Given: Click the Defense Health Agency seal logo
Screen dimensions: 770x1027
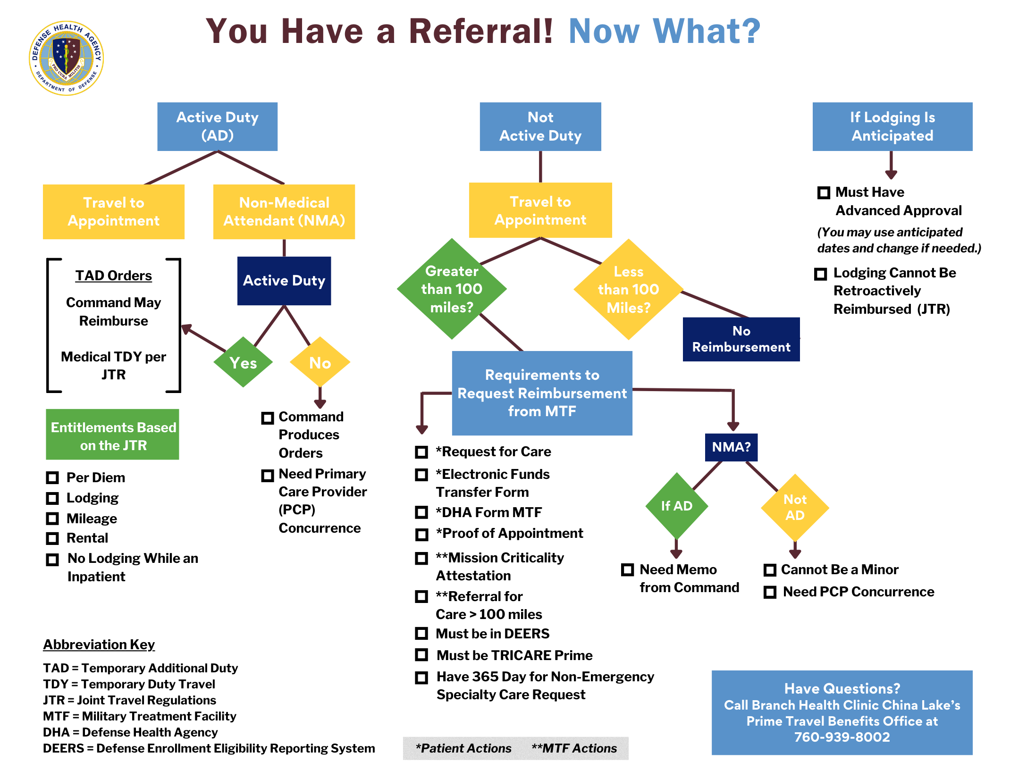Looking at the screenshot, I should click(67, 58).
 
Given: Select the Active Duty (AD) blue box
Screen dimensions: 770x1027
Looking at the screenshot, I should click(217, 126).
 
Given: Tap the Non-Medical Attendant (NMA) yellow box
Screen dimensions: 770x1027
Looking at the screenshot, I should click(284, 211).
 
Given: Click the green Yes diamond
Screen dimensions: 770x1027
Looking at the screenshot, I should click(243, 362).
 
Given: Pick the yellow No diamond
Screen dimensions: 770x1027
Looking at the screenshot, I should click(320, 362).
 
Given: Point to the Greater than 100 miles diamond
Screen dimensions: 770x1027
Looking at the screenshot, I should click(452, 289).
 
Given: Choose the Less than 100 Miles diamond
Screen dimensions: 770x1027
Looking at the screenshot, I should click(628, 289).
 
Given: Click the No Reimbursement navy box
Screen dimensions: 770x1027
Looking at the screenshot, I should click(741, 339).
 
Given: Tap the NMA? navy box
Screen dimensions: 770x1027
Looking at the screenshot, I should click(731, 447).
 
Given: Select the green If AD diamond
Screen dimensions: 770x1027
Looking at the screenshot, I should click(676, 506).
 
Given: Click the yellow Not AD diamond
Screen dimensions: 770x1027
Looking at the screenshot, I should click(795, 507).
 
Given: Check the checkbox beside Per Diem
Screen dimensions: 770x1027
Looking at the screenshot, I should click(52, 477).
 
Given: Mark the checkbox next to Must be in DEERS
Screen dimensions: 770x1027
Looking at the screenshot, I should click(421, 633).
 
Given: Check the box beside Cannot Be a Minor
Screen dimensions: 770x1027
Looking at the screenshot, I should click(770, 570).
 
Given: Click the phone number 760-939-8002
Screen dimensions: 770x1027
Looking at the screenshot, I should click(842, 737).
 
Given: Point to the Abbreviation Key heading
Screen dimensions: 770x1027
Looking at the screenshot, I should click(99, 644).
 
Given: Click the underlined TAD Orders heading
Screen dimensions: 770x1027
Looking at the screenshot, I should click(113, 276).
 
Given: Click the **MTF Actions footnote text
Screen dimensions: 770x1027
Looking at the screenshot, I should click(574, 748).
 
